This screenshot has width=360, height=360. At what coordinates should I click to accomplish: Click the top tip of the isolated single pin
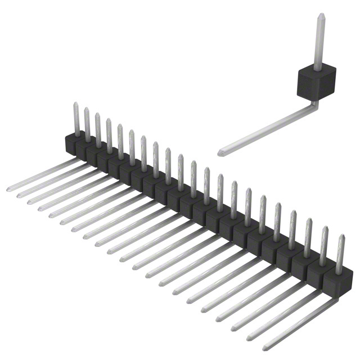pyautogui.click(x=321, y=16)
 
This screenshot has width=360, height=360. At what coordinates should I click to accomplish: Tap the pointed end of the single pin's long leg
pyautogui.click(x=220, y=152)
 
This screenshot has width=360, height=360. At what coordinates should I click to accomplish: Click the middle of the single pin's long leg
pyautogui.click(x=267, y=128)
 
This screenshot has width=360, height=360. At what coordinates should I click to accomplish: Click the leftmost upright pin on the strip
pyautogui.click(x=76, y=118)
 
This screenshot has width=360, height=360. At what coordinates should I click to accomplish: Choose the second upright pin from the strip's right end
pyautogui.click(x=324, y=246)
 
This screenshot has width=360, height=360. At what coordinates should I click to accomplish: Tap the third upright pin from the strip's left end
pyautogui.click(x=98, y=129)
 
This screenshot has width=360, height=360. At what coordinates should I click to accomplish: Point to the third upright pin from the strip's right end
pyautogui.click(x=308, y=237)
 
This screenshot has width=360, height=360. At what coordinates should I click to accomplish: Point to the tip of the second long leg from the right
pyautogui.click(x=249, y=339)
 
